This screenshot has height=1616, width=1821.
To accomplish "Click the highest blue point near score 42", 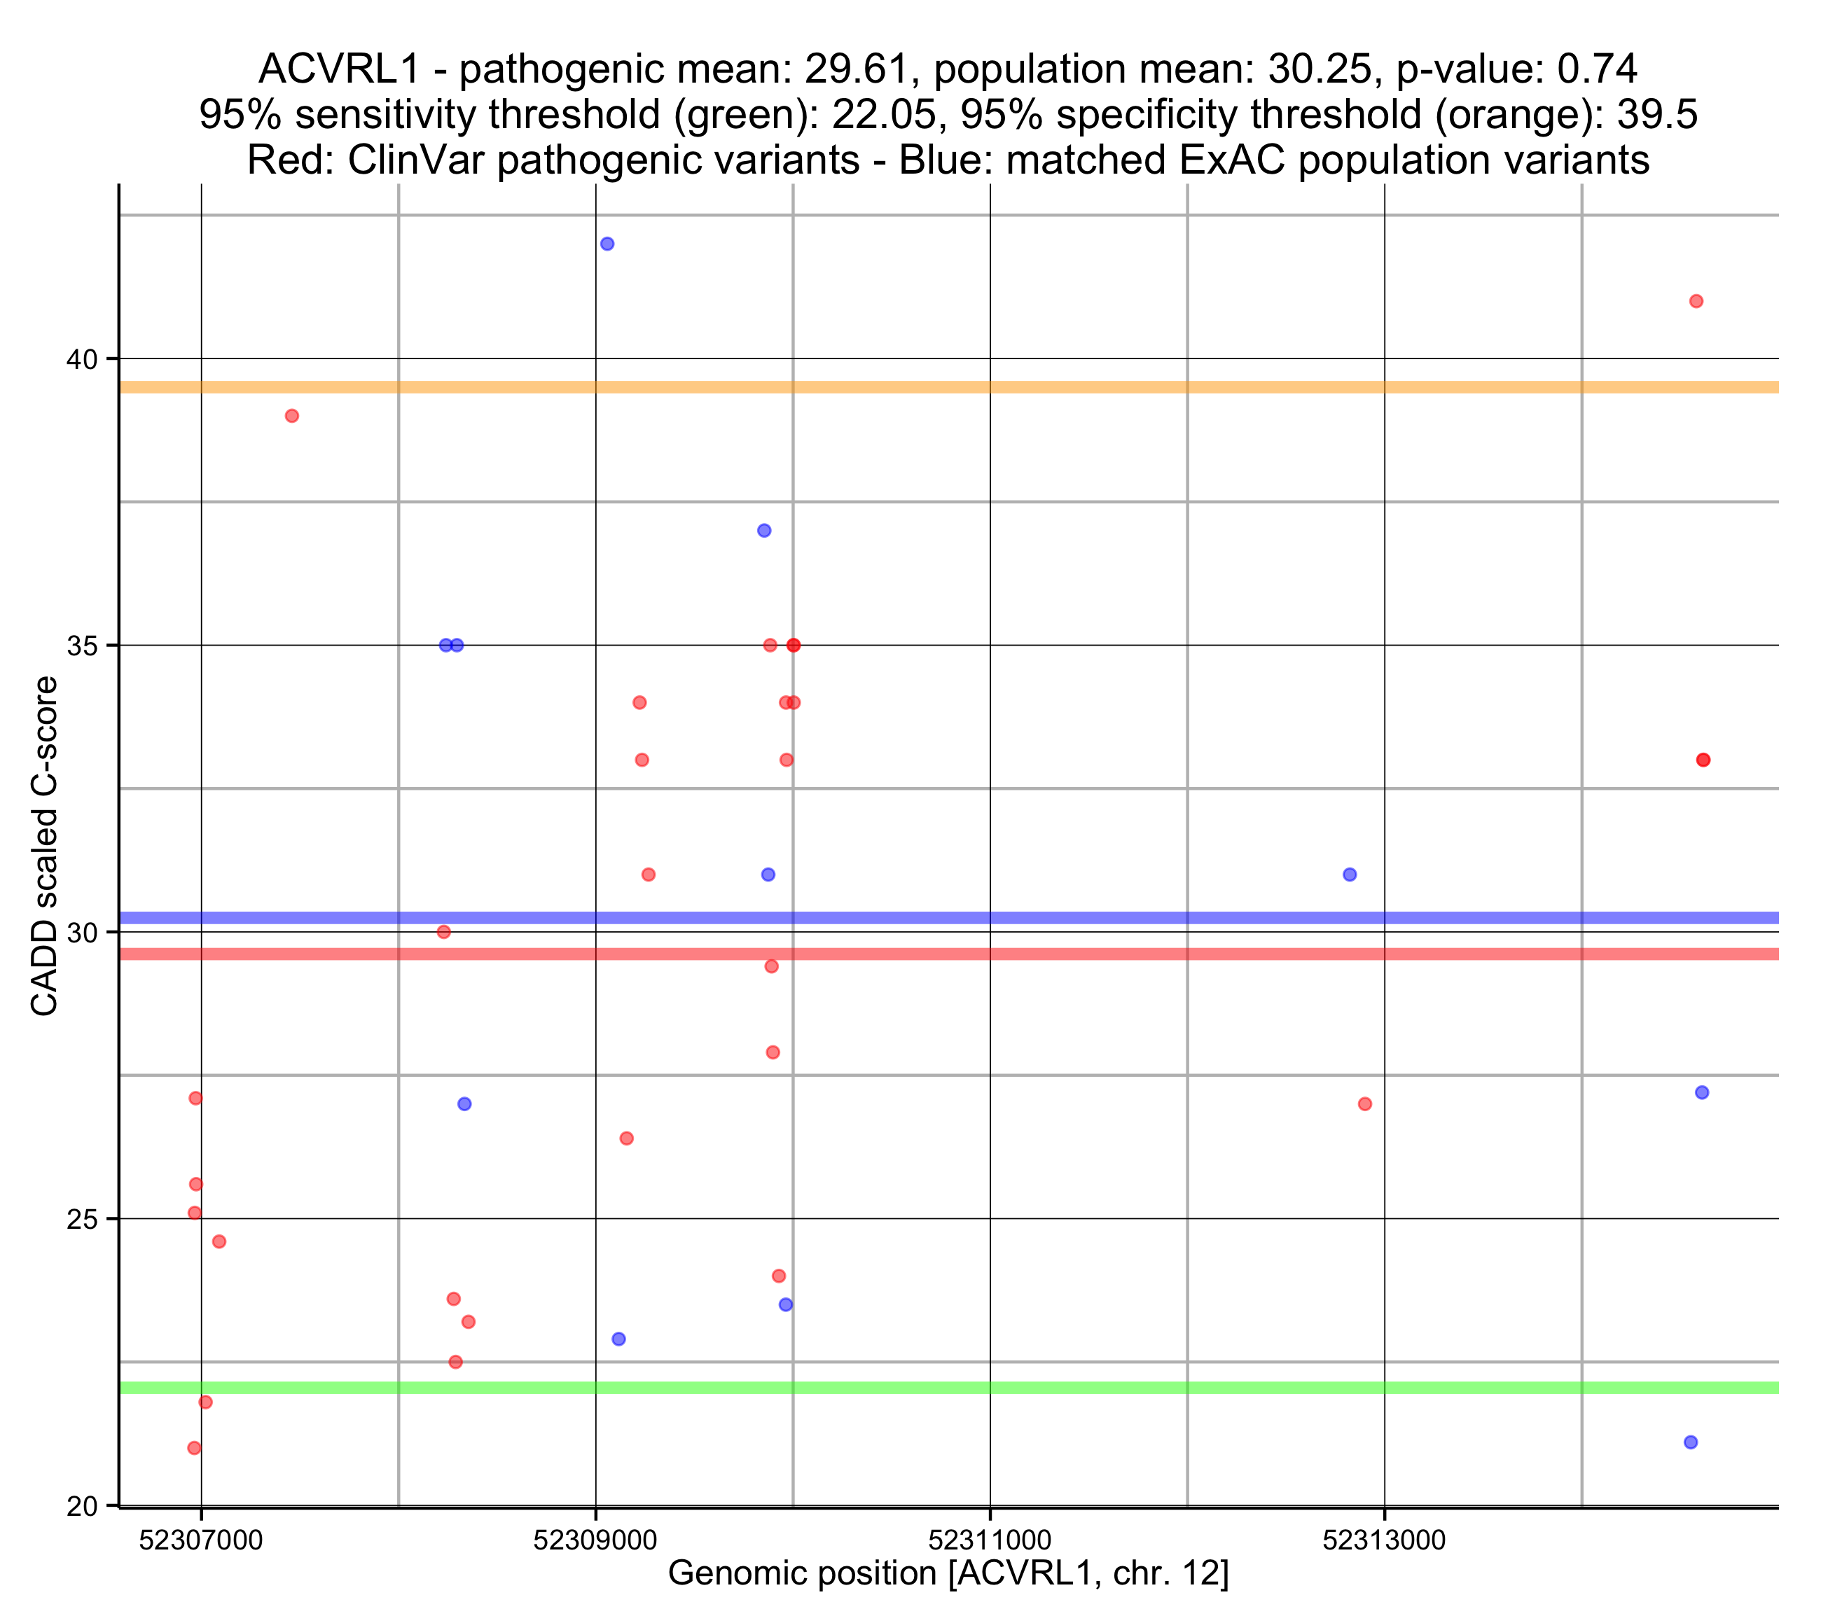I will pos(607,244).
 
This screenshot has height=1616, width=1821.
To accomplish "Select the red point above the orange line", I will pos(1696,301).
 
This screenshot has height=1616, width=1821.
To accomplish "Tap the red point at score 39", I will pos(291,416).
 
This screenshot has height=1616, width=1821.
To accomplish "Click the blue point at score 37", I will pos(763,531).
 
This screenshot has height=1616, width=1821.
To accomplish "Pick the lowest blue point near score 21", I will pos(1691,1442).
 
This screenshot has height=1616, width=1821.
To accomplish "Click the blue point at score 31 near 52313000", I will pos(1350,875).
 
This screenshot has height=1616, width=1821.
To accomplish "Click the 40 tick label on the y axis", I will pos(81,360).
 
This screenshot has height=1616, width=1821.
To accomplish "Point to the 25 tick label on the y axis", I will pos(81,1220).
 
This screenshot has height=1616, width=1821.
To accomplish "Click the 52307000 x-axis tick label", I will pos(201,1540).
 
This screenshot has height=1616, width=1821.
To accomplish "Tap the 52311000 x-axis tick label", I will pos(990,1540).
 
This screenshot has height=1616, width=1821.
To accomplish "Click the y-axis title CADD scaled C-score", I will pos(45,847).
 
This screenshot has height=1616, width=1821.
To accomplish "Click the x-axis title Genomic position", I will pos(948,1573).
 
